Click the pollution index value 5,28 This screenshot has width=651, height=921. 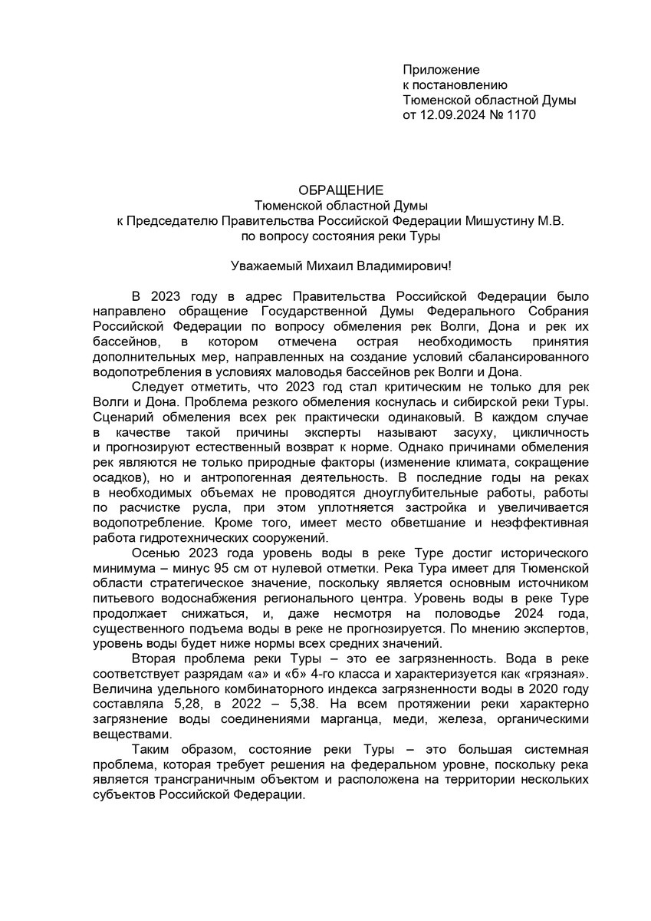pos(189,703)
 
